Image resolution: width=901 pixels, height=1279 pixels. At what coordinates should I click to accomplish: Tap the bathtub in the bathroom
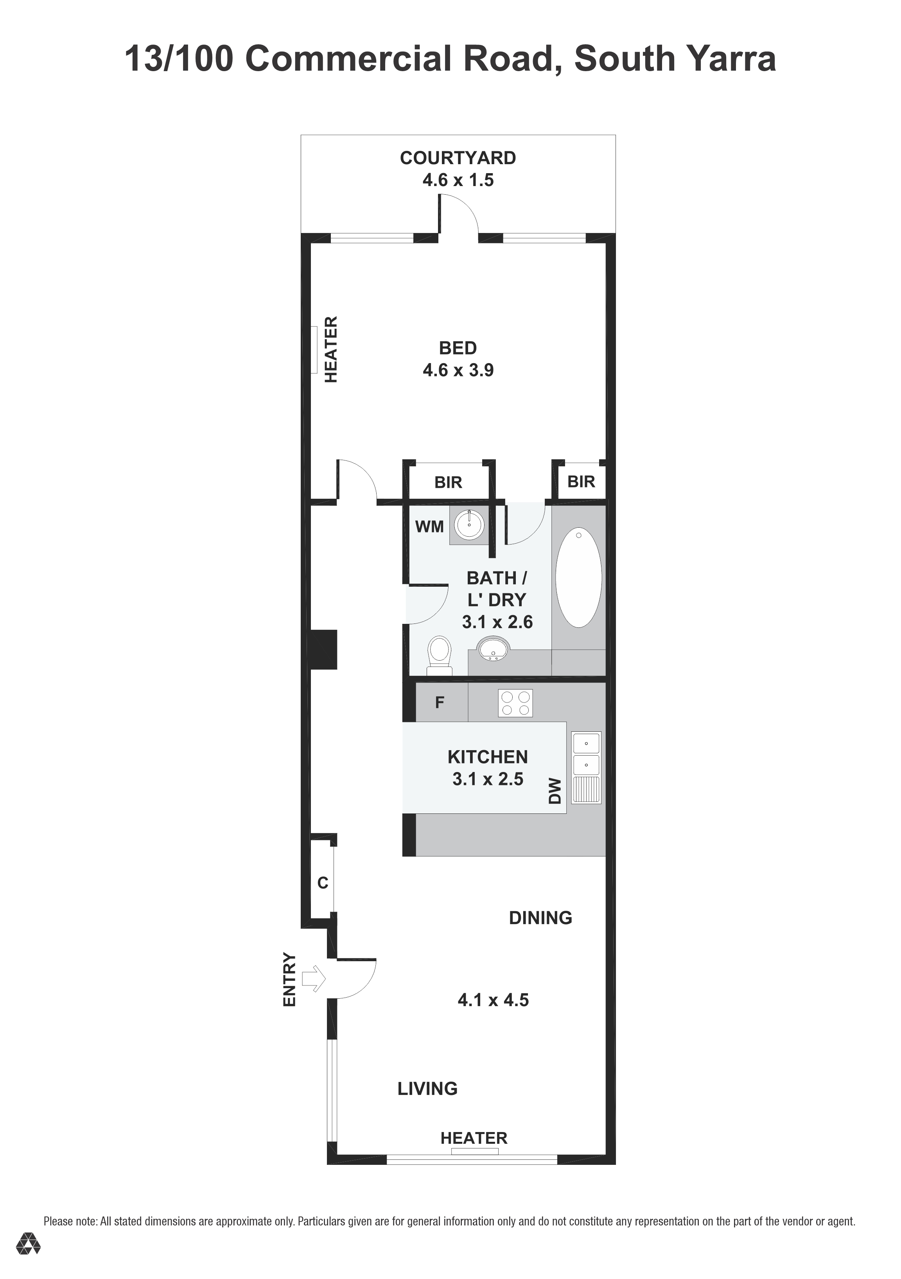578,578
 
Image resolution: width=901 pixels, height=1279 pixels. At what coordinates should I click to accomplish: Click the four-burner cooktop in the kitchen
515,703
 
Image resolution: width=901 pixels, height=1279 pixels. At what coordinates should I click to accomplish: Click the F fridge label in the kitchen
440,702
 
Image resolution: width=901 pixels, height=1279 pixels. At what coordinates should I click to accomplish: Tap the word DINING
540,917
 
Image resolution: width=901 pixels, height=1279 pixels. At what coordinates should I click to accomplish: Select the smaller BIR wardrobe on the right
581,481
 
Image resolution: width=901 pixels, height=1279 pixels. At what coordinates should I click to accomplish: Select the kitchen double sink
586,768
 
